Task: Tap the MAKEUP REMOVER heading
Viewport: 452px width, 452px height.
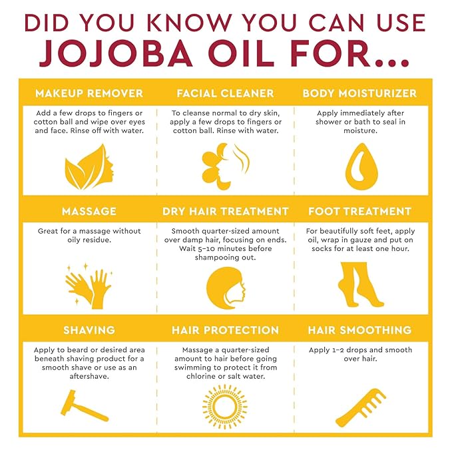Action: (x=89, y=93)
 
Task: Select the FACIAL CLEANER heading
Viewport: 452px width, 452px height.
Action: (x=225, y=93)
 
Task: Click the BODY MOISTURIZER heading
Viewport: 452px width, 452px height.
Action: (x=359, y=93)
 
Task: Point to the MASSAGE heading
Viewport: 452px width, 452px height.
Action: (x=89, y=212)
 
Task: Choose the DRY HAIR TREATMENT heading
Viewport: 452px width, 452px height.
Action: (x=225, y=212)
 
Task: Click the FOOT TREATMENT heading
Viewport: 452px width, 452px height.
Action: (x=359, y=212)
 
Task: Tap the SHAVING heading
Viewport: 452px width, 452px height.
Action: (x=89, y=330)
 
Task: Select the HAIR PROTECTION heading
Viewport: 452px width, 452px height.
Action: (x=225, y=330)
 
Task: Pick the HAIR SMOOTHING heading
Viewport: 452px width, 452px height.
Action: (x=359, y=330)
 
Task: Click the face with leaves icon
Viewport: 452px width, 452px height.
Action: (x=89, y=166)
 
